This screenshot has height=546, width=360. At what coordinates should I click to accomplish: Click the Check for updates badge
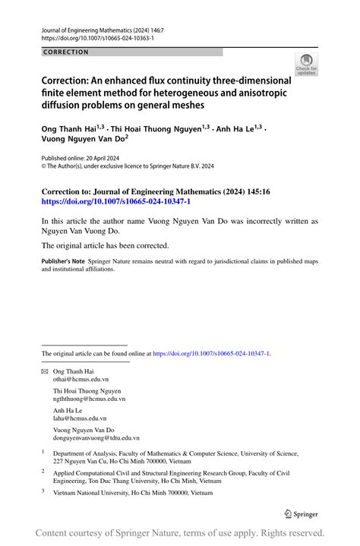(306, 65)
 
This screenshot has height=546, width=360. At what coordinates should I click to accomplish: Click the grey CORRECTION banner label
(67, 52)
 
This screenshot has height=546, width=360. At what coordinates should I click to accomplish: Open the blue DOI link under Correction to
(116, 203)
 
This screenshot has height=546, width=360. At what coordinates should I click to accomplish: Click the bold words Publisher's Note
(64, 260)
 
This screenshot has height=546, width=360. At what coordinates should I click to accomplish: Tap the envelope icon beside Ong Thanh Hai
(44, 371)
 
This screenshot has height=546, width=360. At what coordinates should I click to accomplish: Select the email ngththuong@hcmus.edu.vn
(89, 398)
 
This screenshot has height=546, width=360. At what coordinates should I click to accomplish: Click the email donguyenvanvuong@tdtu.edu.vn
(96, 437)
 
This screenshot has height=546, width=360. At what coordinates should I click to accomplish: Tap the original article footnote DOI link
(211, 353)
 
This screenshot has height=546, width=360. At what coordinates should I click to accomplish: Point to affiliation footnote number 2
(43, 471)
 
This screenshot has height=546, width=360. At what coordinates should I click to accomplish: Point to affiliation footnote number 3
(43, 491)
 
